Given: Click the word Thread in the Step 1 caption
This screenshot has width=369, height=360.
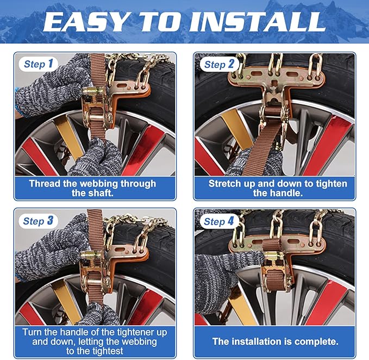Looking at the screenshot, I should pos(44,183).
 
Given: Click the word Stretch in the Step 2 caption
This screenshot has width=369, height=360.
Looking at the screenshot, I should pos(226,183).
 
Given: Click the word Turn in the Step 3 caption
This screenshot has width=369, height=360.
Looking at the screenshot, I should pos(33,332).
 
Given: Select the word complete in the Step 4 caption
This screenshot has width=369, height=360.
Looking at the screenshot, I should pos(316,342).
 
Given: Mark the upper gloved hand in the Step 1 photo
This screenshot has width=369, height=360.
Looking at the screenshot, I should pos(52,90).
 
